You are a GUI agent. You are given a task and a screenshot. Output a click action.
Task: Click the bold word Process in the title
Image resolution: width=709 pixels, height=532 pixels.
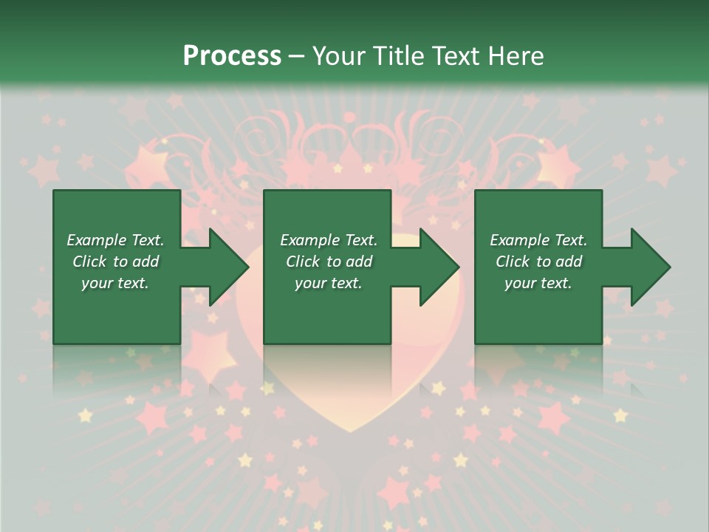(232, 56)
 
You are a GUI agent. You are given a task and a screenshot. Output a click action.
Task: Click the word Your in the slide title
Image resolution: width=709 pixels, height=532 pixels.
(338, 56)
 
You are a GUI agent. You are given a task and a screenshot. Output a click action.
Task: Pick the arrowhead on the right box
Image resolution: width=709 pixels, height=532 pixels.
(649, 267)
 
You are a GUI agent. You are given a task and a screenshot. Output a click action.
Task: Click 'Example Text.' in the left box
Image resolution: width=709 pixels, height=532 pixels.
(115, 240)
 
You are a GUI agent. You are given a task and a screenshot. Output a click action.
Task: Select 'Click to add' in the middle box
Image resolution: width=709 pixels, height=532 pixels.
(329, 262)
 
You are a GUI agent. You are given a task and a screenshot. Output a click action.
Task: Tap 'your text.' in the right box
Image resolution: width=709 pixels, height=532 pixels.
(538, 283)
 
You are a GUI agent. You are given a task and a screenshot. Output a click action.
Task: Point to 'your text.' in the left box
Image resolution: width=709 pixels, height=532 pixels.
(115, 283)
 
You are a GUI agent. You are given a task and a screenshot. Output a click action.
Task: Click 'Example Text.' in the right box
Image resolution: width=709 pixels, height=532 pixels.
(538, 240)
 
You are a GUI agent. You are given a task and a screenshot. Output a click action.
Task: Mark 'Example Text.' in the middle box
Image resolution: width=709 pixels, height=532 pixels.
(329, 240)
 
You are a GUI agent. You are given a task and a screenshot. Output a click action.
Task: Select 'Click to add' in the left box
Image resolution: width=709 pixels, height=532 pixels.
(115, 262)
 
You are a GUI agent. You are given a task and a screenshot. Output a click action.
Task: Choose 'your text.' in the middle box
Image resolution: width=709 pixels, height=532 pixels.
(329, 283)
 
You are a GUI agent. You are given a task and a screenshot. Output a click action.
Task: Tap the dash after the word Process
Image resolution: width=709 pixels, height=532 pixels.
(296, 57)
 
